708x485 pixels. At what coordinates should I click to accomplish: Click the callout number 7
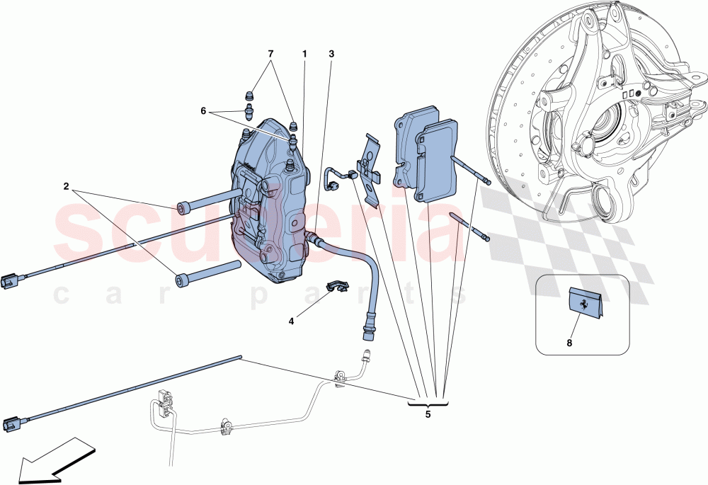pyautogui.click(x=269, y=54)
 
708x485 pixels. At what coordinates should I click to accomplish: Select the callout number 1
pyautogui.click(x=304, y=54)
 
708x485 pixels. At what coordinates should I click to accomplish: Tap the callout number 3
pyautogui.click(x=331, y=54)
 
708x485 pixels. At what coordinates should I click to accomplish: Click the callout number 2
pyautogui.click(x=66, y=187)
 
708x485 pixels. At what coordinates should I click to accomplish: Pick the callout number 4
pyautogui.click(x=291, y=320)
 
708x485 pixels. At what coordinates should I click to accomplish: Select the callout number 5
pyautogui.click(x=428, y=415)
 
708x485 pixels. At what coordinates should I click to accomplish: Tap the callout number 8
pyautogui.click(x=569, y=342)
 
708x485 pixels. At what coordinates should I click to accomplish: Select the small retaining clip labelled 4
pyautogui.click(x=338, y=287)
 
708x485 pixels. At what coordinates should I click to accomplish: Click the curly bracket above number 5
pyautogui.click(x=428, y=404)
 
